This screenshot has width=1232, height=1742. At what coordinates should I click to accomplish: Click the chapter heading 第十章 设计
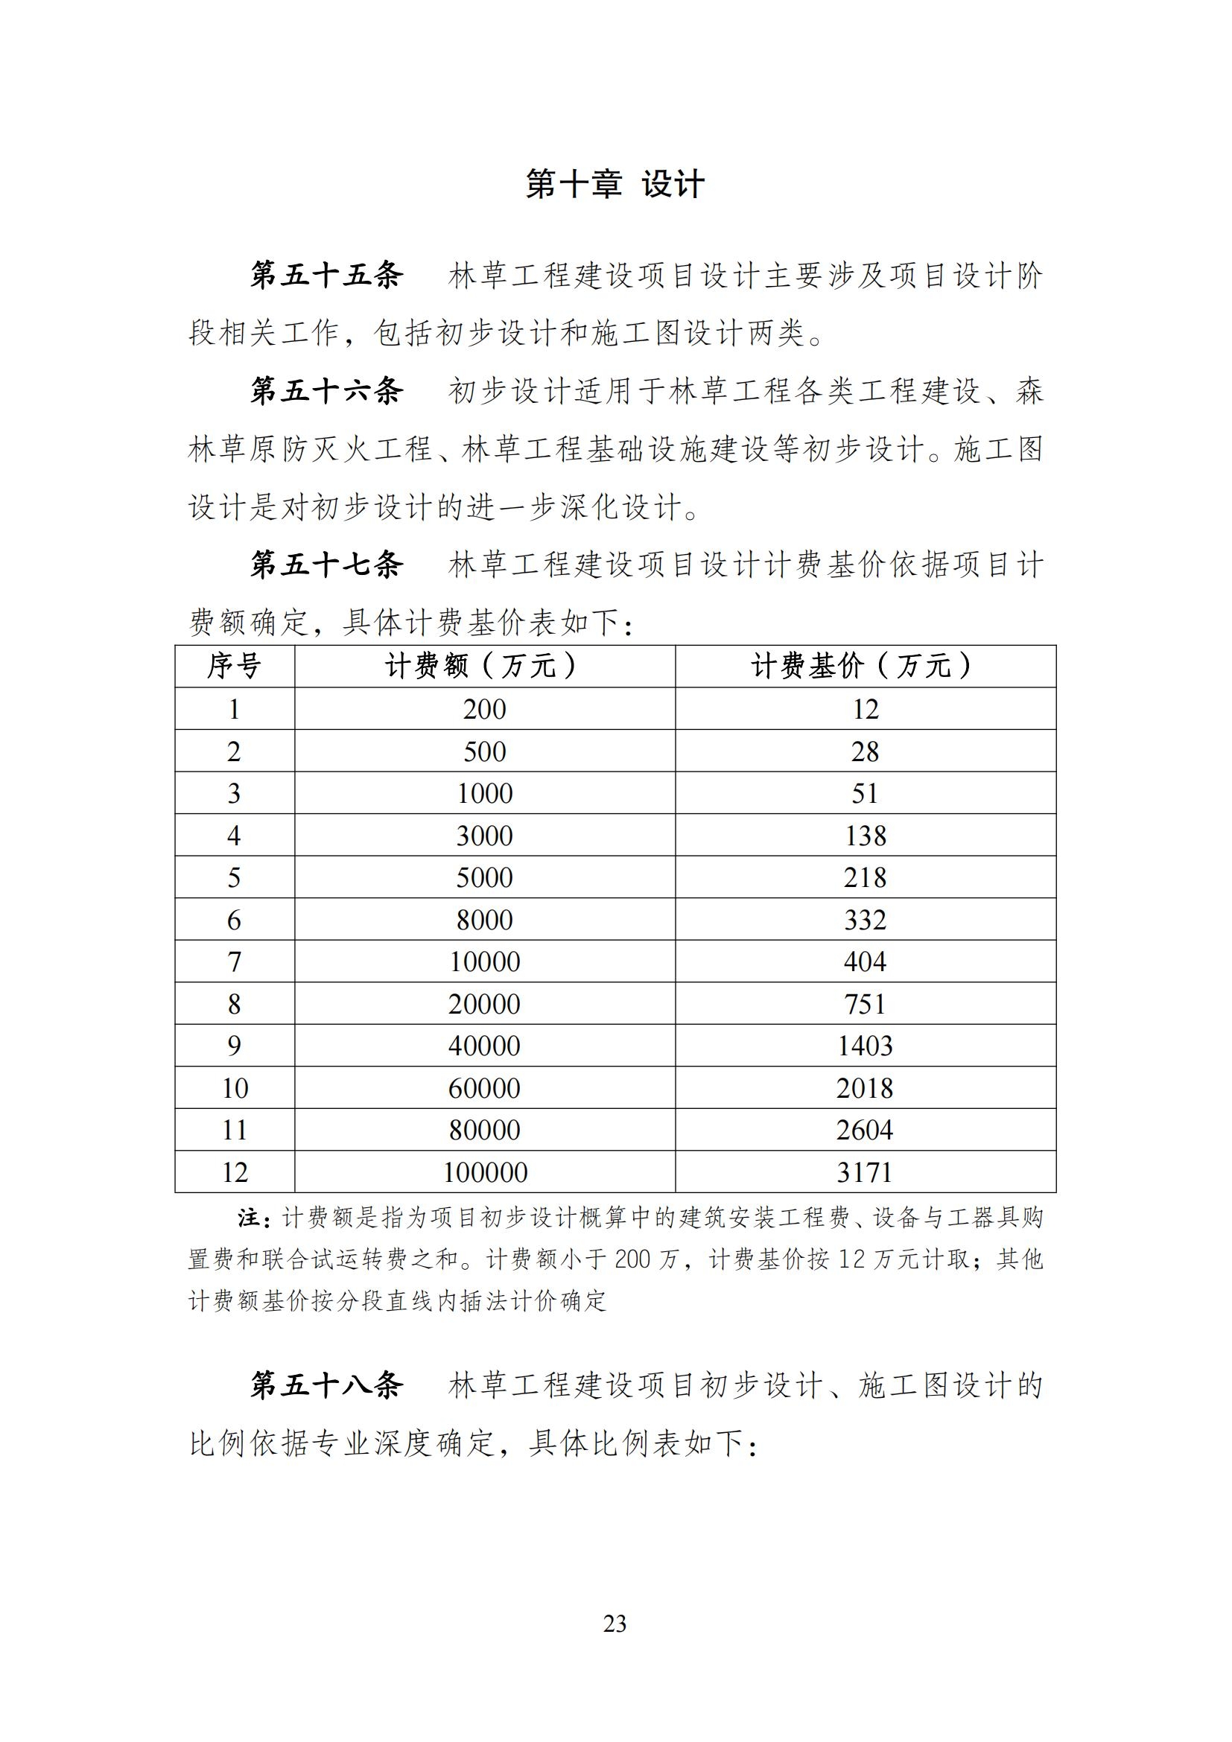click(x=615, y=185)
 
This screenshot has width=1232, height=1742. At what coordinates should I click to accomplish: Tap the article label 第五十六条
click(x=327, y=391)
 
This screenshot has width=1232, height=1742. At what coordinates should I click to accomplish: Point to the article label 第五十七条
click(x=327, y=565)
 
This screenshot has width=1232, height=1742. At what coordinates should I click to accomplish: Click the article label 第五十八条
click(x=327, y=1385)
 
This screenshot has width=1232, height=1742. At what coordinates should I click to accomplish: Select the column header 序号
click(x=235, y=666)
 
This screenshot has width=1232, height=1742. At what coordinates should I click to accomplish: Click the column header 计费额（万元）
click(x=484, y=666)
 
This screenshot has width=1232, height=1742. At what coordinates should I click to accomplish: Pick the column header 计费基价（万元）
click(x=865, y=666)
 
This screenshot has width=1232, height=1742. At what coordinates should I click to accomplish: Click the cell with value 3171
click(x=865, y=1172)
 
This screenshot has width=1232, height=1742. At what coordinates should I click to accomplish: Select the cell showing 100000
click(x=485, y=1172)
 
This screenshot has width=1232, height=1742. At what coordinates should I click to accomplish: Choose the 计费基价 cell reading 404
click(x=865, y=961)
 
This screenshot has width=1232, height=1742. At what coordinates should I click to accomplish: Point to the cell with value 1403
click(x=865, y=1046)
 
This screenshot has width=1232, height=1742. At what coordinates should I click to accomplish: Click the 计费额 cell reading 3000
click(x=485, y=836)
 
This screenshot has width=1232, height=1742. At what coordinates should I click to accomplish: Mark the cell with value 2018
click(x=865, y=1088)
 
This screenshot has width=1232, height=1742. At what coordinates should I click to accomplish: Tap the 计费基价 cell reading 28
click(x=865, y=751)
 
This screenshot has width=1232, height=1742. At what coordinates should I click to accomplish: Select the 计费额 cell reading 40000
click(x=485, y=1046)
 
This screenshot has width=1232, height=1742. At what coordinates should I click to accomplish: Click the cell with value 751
click(x=865, y=1004)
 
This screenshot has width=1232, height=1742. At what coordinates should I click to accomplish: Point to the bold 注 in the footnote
click(x=249, y=1218)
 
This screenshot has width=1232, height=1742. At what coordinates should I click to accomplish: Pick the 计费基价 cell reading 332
click(x=865, y=920)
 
